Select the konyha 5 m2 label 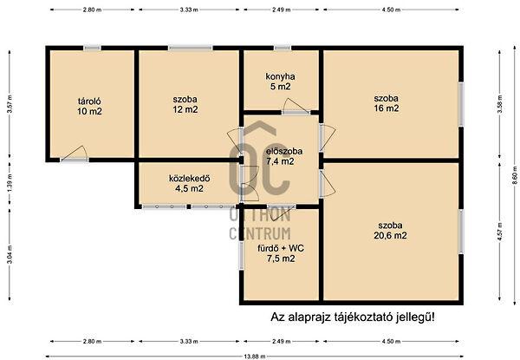tap(280, 81)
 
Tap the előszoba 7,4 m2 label tap(279, 154)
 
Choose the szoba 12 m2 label tap(184, 104)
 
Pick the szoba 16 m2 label tap(386, 102)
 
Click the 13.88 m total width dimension tap(255, 357)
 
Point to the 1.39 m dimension tap(9, 183)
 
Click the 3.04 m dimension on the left tap(9, 258)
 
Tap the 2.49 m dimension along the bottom tap(281, 342)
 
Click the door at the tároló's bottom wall tap(75, 159)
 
